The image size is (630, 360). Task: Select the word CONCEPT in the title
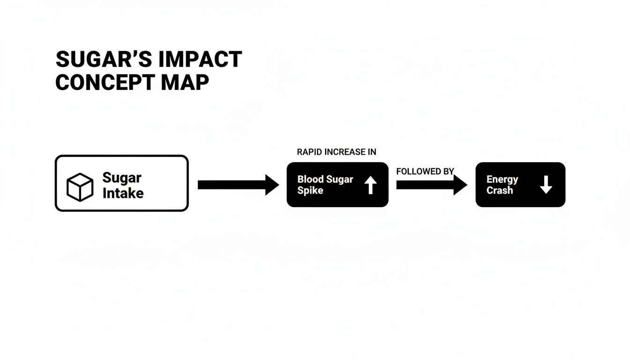tap(104, 82)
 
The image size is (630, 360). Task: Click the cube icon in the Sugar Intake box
tap(80, 187)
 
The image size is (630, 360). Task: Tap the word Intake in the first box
tap(123, 193)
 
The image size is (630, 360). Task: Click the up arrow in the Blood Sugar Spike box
tap(370, 185)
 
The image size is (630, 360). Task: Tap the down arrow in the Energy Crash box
tap(546, 185)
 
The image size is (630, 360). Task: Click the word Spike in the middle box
tap(310, 191)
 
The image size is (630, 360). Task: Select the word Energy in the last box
tap(502, 180)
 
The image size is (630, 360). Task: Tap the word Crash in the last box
tap(500, 191)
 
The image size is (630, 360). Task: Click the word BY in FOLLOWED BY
tap(449, 172)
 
